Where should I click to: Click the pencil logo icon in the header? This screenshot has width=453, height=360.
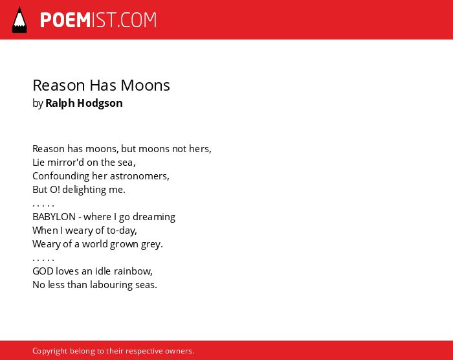pyautogui.click(x=19, y=20)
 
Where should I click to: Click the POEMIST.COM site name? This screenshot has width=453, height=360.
pyautogui.click(x=98, y=20)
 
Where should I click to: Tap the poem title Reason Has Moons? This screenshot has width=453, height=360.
pyautogui.click(x=101, y=85)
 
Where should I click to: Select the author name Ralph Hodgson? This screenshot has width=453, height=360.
pyautogui.click(x=84, y=103)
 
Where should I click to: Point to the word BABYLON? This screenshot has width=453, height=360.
pyautogui.click(x=54, y=216)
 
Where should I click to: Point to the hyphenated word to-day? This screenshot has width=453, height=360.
pyautogui.click(x=122, y=231)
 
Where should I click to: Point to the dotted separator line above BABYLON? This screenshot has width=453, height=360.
pyautogui.click(x=43, y=206)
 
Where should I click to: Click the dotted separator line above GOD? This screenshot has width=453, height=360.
pyautogui.click(x=43, y=260)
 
